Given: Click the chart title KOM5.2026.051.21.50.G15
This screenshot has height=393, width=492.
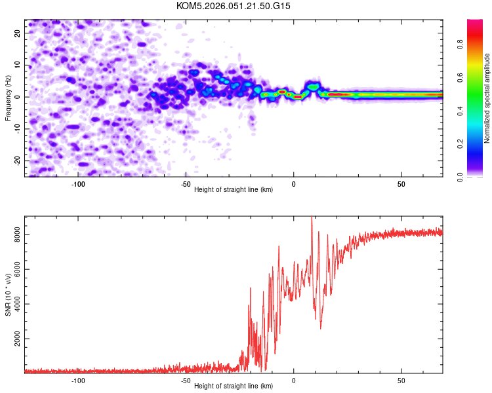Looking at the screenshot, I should point(234,6).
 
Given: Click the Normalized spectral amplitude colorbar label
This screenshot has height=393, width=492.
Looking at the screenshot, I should point(487,98).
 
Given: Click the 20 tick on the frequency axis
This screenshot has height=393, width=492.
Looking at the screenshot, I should point(18,32).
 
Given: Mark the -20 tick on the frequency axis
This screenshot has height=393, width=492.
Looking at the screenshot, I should point(17,160).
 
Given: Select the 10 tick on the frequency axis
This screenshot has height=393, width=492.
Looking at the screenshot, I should point(18,64).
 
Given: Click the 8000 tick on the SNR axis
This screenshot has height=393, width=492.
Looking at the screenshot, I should point(13,234).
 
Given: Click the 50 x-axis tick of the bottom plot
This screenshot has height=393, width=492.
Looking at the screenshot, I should point(401,380).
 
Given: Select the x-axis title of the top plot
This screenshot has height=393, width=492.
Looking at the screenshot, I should point(234,189).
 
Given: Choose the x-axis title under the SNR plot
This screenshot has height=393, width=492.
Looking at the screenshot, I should point(234,386).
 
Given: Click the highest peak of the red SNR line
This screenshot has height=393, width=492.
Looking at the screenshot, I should point(312,218).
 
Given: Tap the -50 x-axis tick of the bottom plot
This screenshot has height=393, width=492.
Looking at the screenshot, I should point(186,380).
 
